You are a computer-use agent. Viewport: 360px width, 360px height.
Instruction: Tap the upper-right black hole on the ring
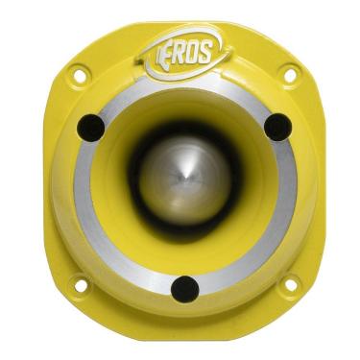pyautogui.click(x=276, y=126)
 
